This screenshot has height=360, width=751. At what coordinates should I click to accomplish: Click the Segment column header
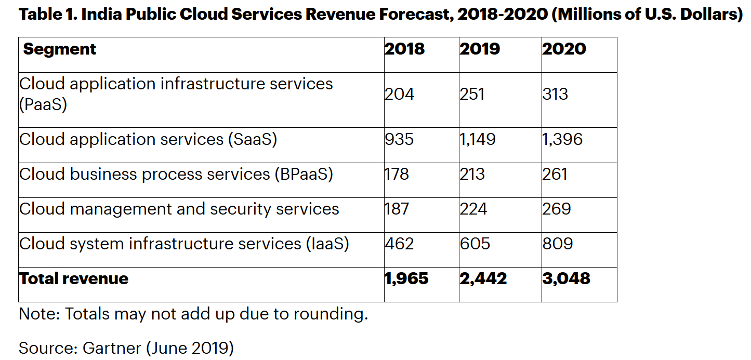click(60, 49)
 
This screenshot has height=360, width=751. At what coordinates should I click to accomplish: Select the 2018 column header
click(404, 49)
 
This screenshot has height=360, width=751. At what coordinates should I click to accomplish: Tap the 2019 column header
click(479, 49)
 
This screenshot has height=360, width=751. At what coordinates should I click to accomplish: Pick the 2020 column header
click(564, 49)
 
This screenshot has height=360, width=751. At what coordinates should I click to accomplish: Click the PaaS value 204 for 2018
click(399, 94)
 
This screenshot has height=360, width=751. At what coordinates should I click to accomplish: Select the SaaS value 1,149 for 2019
click(478, 139)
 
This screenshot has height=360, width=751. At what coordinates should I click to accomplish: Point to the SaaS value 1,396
click(562, 139)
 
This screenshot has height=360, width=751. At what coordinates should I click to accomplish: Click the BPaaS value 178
click(397, 174)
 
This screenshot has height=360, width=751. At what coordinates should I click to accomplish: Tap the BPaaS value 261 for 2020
click(555, 174)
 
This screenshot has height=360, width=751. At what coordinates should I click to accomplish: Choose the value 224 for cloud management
click(473, 209)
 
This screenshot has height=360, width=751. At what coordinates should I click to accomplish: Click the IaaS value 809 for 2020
click(557, 244)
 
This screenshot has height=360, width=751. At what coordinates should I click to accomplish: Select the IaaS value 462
click(399, 244)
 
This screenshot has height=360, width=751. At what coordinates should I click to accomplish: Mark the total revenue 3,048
click(566, 278)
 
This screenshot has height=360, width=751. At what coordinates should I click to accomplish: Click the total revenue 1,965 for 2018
click(406, 278)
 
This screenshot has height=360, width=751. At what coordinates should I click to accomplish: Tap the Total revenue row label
click(74, 278)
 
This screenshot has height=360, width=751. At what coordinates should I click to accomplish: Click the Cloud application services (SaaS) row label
click(148, 139)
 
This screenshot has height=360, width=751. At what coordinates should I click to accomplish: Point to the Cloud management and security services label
click(179, 209)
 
